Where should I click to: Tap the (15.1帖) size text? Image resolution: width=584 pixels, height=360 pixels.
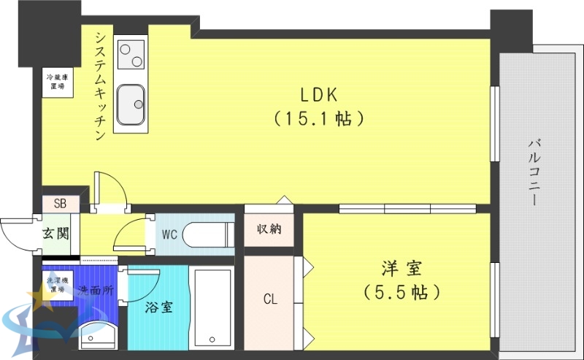click(318, 118)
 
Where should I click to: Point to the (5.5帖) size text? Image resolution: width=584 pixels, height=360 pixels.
click(401, 293)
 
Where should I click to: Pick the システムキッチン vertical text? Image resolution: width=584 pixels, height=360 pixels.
click(100, 85)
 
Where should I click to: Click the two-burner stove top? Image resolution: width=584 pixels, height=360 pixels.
click(131, 53)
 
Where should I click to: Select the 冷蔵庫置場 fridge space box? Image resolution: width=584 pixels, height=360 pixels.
click(56, 81)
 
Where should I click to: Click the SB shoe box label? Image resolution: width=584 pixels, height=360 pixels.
click(59, 204)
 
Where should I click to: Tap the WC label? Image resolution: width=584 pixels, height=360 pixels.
click(170, 234)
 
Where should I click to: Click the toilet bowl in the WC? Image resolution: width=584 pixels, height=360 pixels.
click(205, 235)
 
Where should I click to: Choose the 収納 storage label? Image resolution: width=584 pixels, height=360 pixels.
click(269, 229)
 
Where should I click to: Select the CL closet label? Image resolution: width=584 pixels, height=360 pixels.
click(269, 299)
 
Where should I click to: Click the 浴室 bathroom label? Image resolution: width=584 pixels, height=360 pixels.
click(158, 307)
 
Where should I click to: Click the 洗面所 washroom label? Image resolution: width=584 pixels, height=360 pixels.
click(96, 290)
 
